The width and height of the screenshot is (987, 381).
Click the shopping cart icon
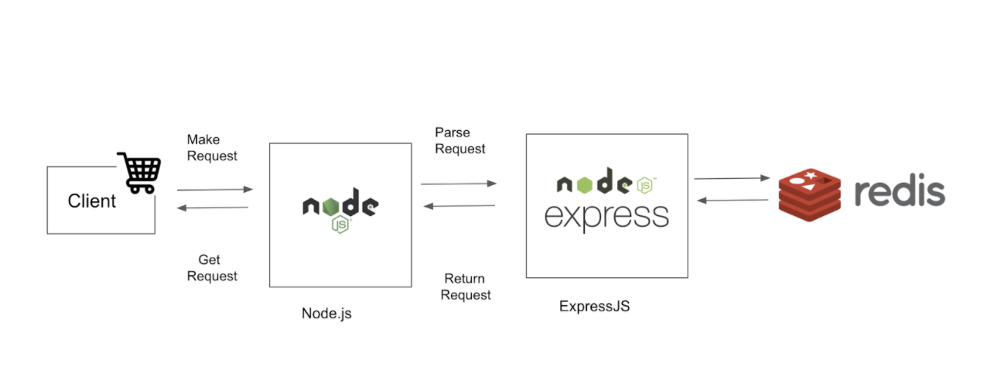click(139, 173)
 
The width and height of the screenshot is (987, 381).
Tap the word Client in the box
click(91, 201)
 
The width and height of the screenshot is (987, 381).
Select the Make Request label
click(212, 148)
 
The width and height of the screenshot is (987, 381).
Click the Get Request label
click(212, 268)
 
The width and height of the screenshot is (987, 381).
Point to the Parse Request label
click(460, 141)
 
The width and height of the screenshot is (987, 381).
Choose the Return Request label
click(466, 287)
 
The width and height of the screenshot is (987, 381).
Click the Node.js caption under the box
click(326, 314)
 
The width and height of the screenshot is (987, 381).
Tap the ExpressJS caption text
click(594, 306)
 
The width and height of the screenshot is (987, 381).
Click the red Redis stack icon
click(809, 194)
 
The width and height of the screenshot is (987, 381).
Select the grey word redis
click(900, 192)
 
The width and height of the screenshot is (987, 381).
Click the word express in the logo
click(606, 218)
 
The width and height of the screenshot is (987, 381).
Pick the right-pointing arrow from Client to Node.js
click(215, 190)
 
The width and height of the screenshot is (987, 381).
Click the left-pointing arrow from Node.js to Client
click(213, 208)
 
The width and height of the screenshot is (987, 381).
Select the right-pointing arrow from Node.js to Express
click(459, 184)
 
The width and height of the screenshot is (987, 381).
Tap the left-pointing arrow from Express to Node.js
click(459, 206)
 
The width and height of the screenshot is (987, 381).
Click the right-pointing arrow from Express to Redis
click(733, 178)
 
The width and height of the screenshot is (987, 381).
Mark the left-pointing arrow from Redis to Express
click(733, 201)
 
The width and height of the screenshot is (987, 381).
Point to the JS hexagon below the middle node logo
click(340, 225)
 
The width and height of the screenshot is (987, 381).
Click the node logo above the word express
click(606, 181)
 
